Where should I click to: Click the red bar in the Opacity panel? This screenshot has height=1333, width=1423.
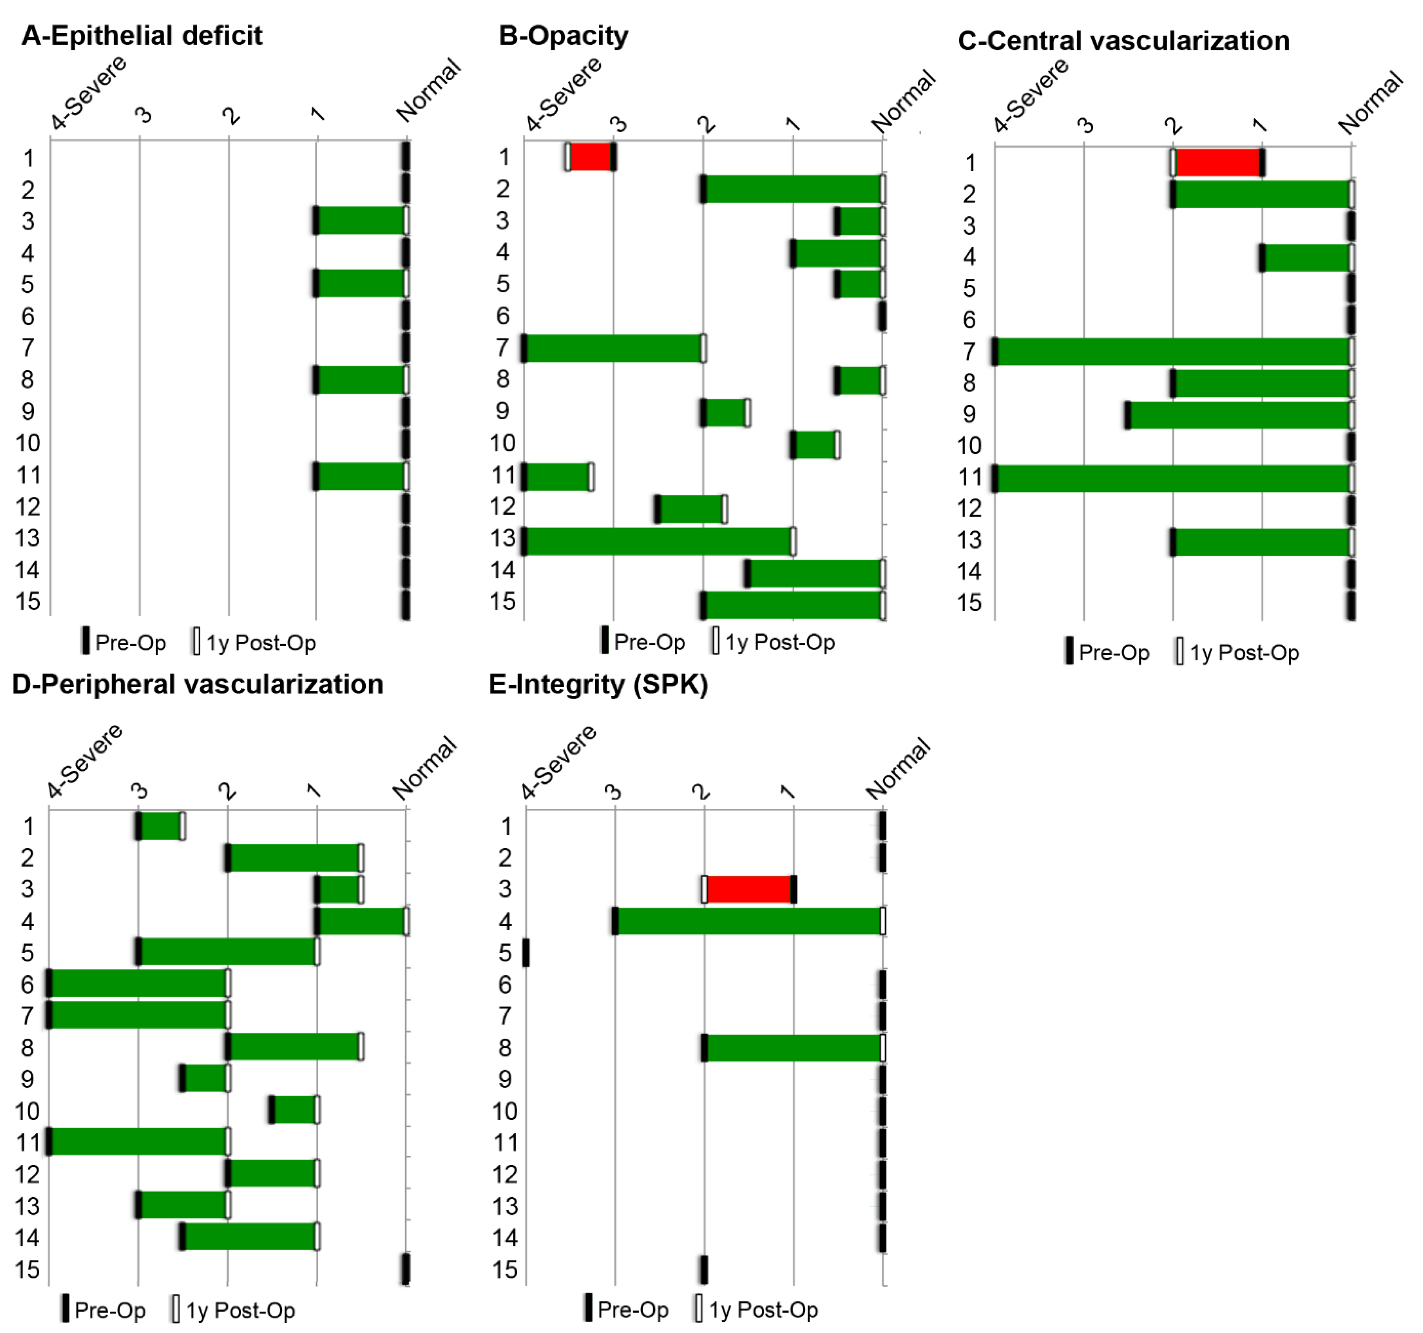pyautogui.click(x=591, y=157)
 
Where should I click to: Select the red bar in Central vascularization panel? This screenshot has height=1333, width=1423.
pyautogui.click(x=1218, y=163)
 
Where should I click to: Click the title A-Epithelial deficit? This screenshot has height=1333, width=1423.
pyautogui.click(x=142, y=35)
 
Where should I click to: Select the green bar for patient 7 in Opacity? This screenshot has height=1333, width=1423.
pyautogui.click(x=613, y=348)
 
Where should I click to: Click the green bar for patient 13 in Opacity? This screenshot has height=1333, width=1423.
pyautogui.click(x=659, y=541)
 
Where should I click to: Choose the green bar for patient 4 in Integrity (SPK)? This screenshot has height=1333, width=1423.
pyautogui.click(x=749, y=920)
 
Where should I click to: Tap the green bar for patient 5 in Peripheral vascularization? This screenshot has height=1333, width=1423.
pyautogui.click(x=228, y=951)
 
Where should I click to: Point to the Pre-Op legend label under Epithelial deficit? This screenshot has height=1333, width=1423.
pyautogui.click(x=130, y=642)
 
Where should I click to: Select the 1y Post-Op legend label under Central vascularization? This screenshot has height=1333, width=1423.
pyautogui.click(x=1244, y=652)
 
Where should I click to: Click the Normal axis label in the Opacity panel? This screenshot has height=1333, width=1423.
pyautogui.click(x=903, y=101)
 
